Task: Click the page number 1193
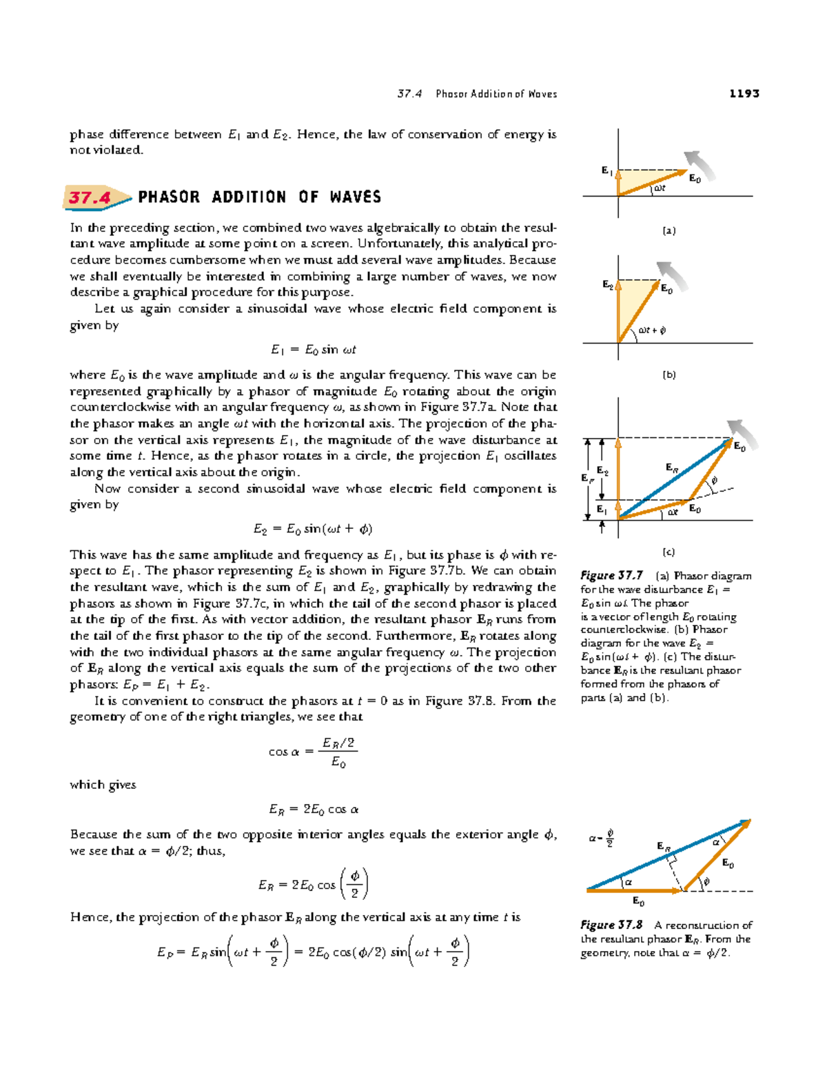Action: (x=744, y=93)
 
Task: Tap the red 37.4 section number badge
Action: (x=90, y=198)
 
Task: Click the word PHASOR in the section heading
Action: (x=169, y=197)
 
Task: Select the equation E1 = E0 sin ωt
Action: (x=313, y=350)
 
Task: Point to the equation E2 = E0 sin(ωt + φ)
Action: (x=313, y=529)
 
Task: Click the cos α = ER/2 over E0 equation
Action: (x=313, y=752)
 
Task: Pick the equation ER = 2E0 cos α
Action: (x=313, y=810)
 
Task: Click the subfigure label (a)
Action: (x=668, y=230)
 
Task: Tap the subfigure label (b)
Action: (x=668, y=375)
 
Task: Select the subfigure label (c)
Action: (x=668, y=552)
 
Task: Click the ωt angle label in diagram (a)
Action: (x=660, y=188)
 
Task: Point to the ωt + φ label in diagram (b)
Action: (x=651, y=330)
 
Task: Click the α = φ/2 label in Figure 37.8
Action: (x=601, y=839)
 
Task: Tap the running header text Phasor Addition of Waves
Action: (x=496, y=94)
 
